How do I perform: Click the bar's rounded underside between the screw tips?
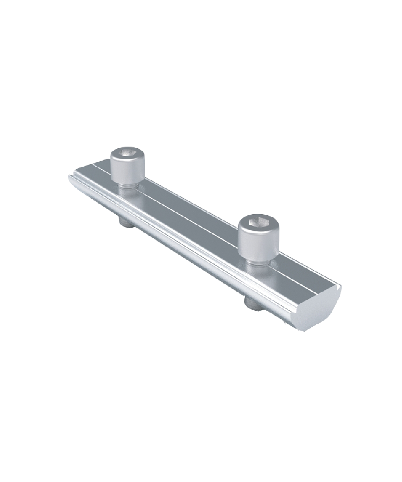[x=189, y=257]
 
